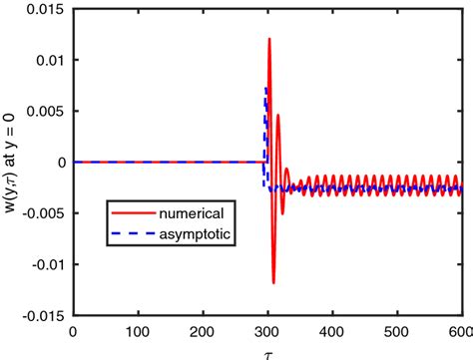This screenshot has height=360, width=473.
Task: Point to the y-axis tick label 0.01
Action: (51, 60)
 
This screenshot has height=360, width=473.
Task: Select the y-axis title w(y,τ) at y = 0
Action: (12, 163)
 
